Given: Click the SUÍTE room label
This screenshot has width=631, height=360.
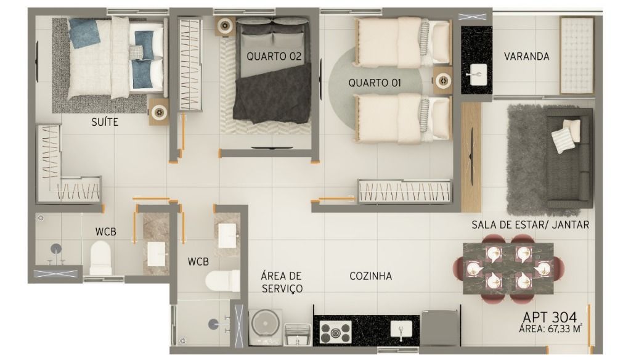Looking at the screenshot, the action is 105,121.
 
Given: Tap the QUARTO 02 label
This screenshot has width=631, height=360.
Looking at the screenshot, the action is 274,56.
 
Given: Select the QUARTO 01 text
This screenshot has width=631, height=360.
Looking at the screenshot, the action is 375,83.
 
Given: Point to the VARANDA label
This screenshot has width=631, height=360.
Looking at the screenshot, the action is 526,56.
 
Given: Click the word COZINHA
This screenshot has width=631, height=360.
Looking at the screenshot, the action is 370,276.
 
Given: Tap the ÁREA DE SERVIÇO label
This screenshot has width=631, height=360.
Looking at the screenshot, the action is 281,282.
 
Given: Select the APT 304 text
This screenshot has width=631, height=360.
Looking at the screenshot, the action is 550,317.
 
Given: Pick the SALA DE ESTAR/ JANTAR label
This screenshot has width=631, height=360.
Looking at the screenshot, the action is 531,225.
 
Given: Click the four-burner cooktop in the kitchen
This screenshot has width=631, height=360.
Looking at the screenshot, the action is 336,332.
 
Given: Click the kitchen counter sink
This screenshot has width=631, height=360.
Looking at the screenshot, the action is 401,330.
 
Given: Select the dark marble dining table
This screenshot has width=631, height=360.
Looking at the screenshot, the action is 508,268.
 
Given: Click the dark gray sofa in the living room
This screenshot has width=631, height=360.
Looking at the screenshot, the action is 569,158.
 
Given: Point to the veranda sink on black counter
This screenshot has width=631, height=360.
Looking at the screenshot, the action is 478,75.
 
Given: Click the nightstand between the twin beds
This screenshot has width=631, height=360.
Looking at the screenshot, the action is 442,81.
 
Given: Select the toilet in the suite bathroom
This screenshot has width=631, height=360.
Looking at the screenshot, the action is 100,258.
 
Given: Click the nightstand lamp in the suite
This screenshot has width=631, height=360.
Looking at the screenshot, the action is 159,112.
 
